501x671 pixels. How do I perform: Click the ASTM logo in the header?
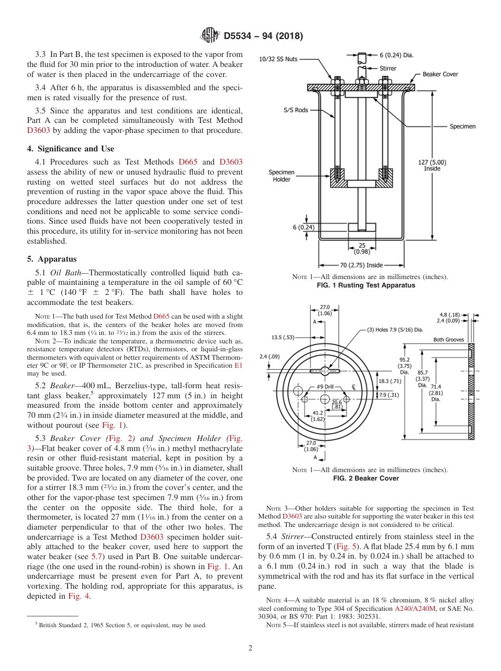[x=209, y=36]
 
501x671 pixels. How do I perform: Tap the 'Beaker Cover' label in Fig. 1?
[x=440, y=74]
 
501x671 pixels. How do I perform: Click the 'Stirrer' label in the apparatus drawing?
[x=388, y=68]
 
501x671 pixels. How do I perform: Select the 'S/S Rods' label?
[x=295, y=110]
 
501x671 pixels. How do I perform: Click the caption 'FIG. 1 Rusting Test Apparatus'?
[x=365, y=285]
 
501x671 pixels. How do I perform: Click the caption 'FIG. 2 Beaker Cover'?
[x=365, y=478]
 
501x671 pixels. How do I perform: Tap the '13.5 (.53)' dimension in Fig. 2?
[x=283, y=337]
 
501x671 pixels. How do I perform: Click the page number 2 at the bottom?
[x=250, y=648]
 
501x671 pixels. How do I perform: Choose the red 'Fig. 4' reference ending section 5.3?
[x=79, y=597]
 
